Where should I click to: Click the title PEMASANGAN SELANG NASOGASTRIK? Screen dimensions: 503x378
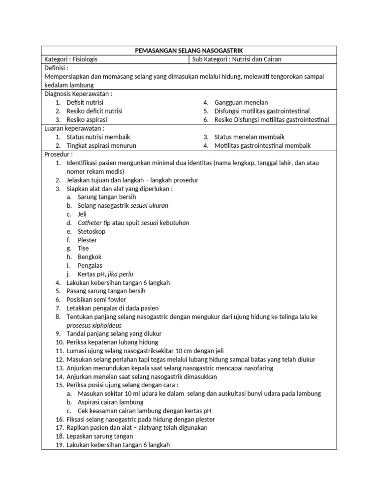pyautogui.click(x=189, y=51)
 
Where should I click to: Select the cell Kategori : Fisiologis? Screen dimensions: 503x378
pyautogui.click(x=71, y=59)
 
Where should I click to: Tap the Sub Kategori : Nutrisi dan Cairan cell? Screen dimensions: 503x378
pyautogui.click(x=236, y=59)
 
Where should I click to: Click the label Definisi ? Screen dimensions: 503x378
pyautogui.click(x=57, y=68)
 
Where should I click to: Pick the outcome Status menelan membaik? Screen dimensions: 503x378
pyautogui.click(x=250, y=137)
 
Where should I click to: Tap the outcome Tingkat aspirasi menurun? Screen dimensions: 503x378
pyautogui.click(x=101, y=145)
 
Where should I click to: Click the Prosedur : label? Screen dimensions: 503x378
pyautogui.click(x=59, y=154)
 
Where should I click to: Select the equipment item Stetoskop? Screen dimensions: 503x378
pyautogui.click(x=92, y=231)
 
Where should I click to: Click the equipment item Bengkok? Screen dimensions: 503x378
pyautogui.click(x=90, y=257)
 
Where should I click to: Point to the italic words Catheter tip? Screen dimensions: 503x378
pyautogui.click(x=94, y=223)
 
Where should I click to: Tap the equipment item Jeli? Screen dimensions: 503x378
pyautogui.click(x=82, y=214)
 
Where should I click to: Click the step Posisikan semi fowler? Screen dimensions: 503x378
pyautogui.click(x=96, y=300)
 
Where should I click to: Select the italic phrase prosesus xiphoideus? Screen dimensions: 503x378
pyautogui.click(x=94, y=325)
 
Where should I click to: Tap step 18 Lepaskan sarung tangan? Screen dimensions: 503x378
pyautogui.click(x=100, y=436)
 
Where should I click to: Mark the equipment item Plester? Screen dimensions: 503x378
pyautogui.click(x=88, y=240)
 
